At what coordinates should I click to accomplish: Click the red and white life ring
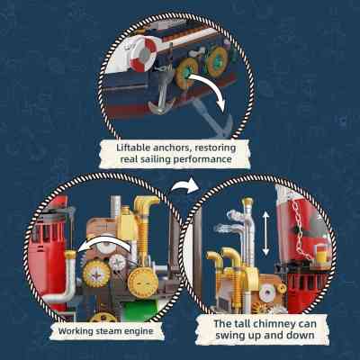click(143, 54)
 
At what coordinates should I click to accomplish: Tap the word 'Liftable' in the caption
click(133, 148)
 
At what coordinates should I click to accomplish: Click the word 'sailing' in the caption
click(157, 159)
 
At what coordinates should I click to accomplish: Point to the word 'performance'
click(202, 159)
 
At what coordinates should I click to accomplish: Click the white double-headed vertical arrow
click(265, 233)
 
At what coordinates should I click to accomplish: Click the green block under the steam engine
click(140, 310)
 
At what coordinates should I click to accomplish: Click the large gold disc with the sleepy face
click(143, 283)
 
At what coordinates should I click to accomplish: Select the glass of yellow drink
click(319, 253)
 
